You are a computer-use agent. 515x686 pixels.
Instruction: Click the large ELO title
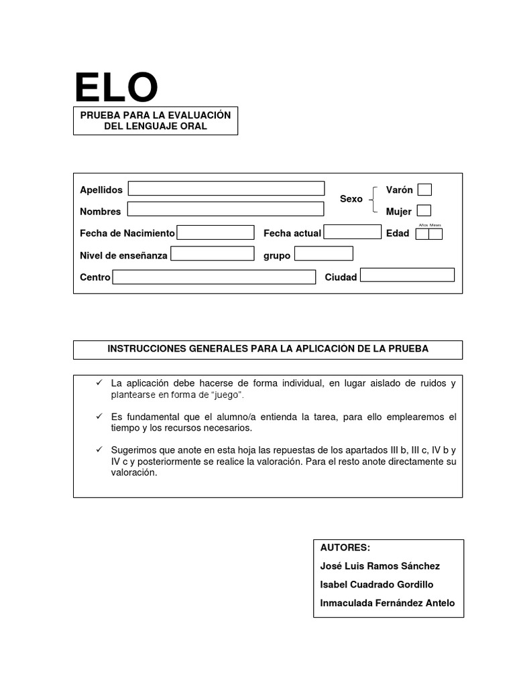(116, 88)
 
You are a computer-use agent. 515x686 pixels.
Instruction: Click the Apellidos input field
(226, 189)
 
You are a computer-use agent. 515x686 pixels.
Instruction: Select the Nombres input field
(225, 210)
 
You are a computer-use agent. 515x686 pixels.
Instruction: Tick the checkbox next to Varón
(424, 190)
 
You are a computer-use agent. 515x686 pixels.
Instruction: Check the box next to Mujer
(424, 210)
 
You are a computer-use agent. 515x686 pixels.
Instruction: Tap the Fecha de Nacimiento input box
(215, 232)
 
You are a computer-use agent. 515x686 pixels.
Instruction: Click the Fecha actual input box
(352, 232)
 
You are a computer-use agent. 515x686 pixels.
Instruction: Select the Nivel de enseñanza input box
(212, 254)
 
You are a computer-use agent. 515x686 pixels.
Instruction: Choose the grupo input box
(323, 254)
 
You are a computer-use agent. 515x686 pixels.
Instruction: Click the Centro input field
(214, 277)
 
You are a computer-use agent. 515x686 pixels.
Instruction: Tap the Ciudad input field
(407, 275)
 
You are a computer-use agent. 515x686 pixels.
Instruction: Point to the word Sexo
(351, 199)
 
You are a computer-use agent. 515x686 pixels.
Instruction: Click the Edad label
(397, 233)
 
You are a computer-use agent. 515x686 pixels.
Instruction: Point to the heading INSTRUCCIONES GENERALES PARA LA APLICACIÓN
(268, 349)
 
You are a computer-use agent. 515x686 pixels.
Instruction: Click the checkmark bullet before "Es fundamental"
(99, 417)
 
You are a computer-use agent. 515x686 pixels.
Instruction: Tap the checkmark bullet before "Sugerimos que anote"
(99, 450)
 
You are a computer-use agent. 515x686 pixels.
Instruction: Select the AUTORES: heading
(345, 547)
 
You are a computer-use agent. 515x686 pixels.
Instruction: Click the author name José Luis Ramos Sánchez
(380, 566)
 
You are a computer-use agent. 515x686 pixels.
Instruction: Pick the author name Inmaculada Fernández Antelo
(387, 603)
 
